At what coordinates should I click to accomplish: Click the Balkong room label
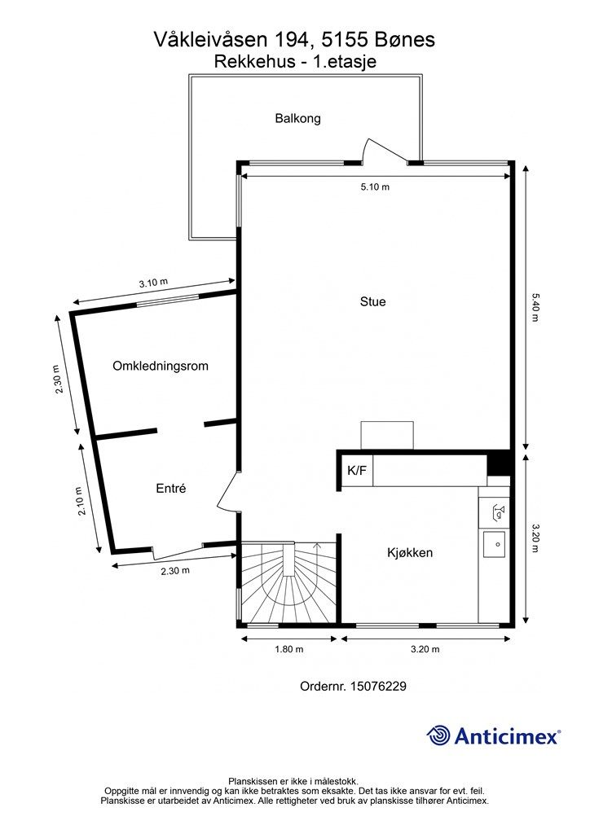click(297, 118)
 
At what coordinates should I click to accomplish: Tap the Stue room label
click(372, 301)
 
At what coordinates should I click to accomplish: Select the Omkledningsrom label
click(161, 366)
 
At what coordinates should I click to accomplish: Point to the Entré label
click(171, 489)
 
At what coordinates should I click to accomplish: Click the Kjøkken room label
click(410, 553)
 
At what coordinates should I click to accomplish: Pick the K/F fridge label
click(356, 470)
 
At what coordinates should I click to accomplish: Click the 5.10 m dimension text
click(375, 187)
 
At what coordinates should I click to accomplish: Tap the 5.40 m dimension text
click(534, 307)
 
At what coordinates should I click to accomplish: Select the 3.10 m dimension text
click(153, 283)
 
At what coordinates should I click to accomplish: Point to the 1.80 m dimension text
click(288, 649)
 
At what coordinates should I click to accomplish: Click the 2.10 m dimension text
click(81, 501)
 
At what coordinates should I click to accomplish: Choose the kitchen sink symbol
click(494, 544)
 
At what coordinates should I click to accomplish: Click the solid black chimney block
click(499, 463)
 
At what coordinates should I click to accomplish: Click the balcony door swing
click(384, 150)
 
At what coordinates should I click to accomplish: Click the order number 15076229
click(378, 686)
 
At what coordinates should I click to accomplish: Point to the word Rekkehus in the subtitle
click(254, 62)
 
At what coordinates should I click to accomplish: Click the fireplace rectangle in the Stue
click(387, 435)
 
